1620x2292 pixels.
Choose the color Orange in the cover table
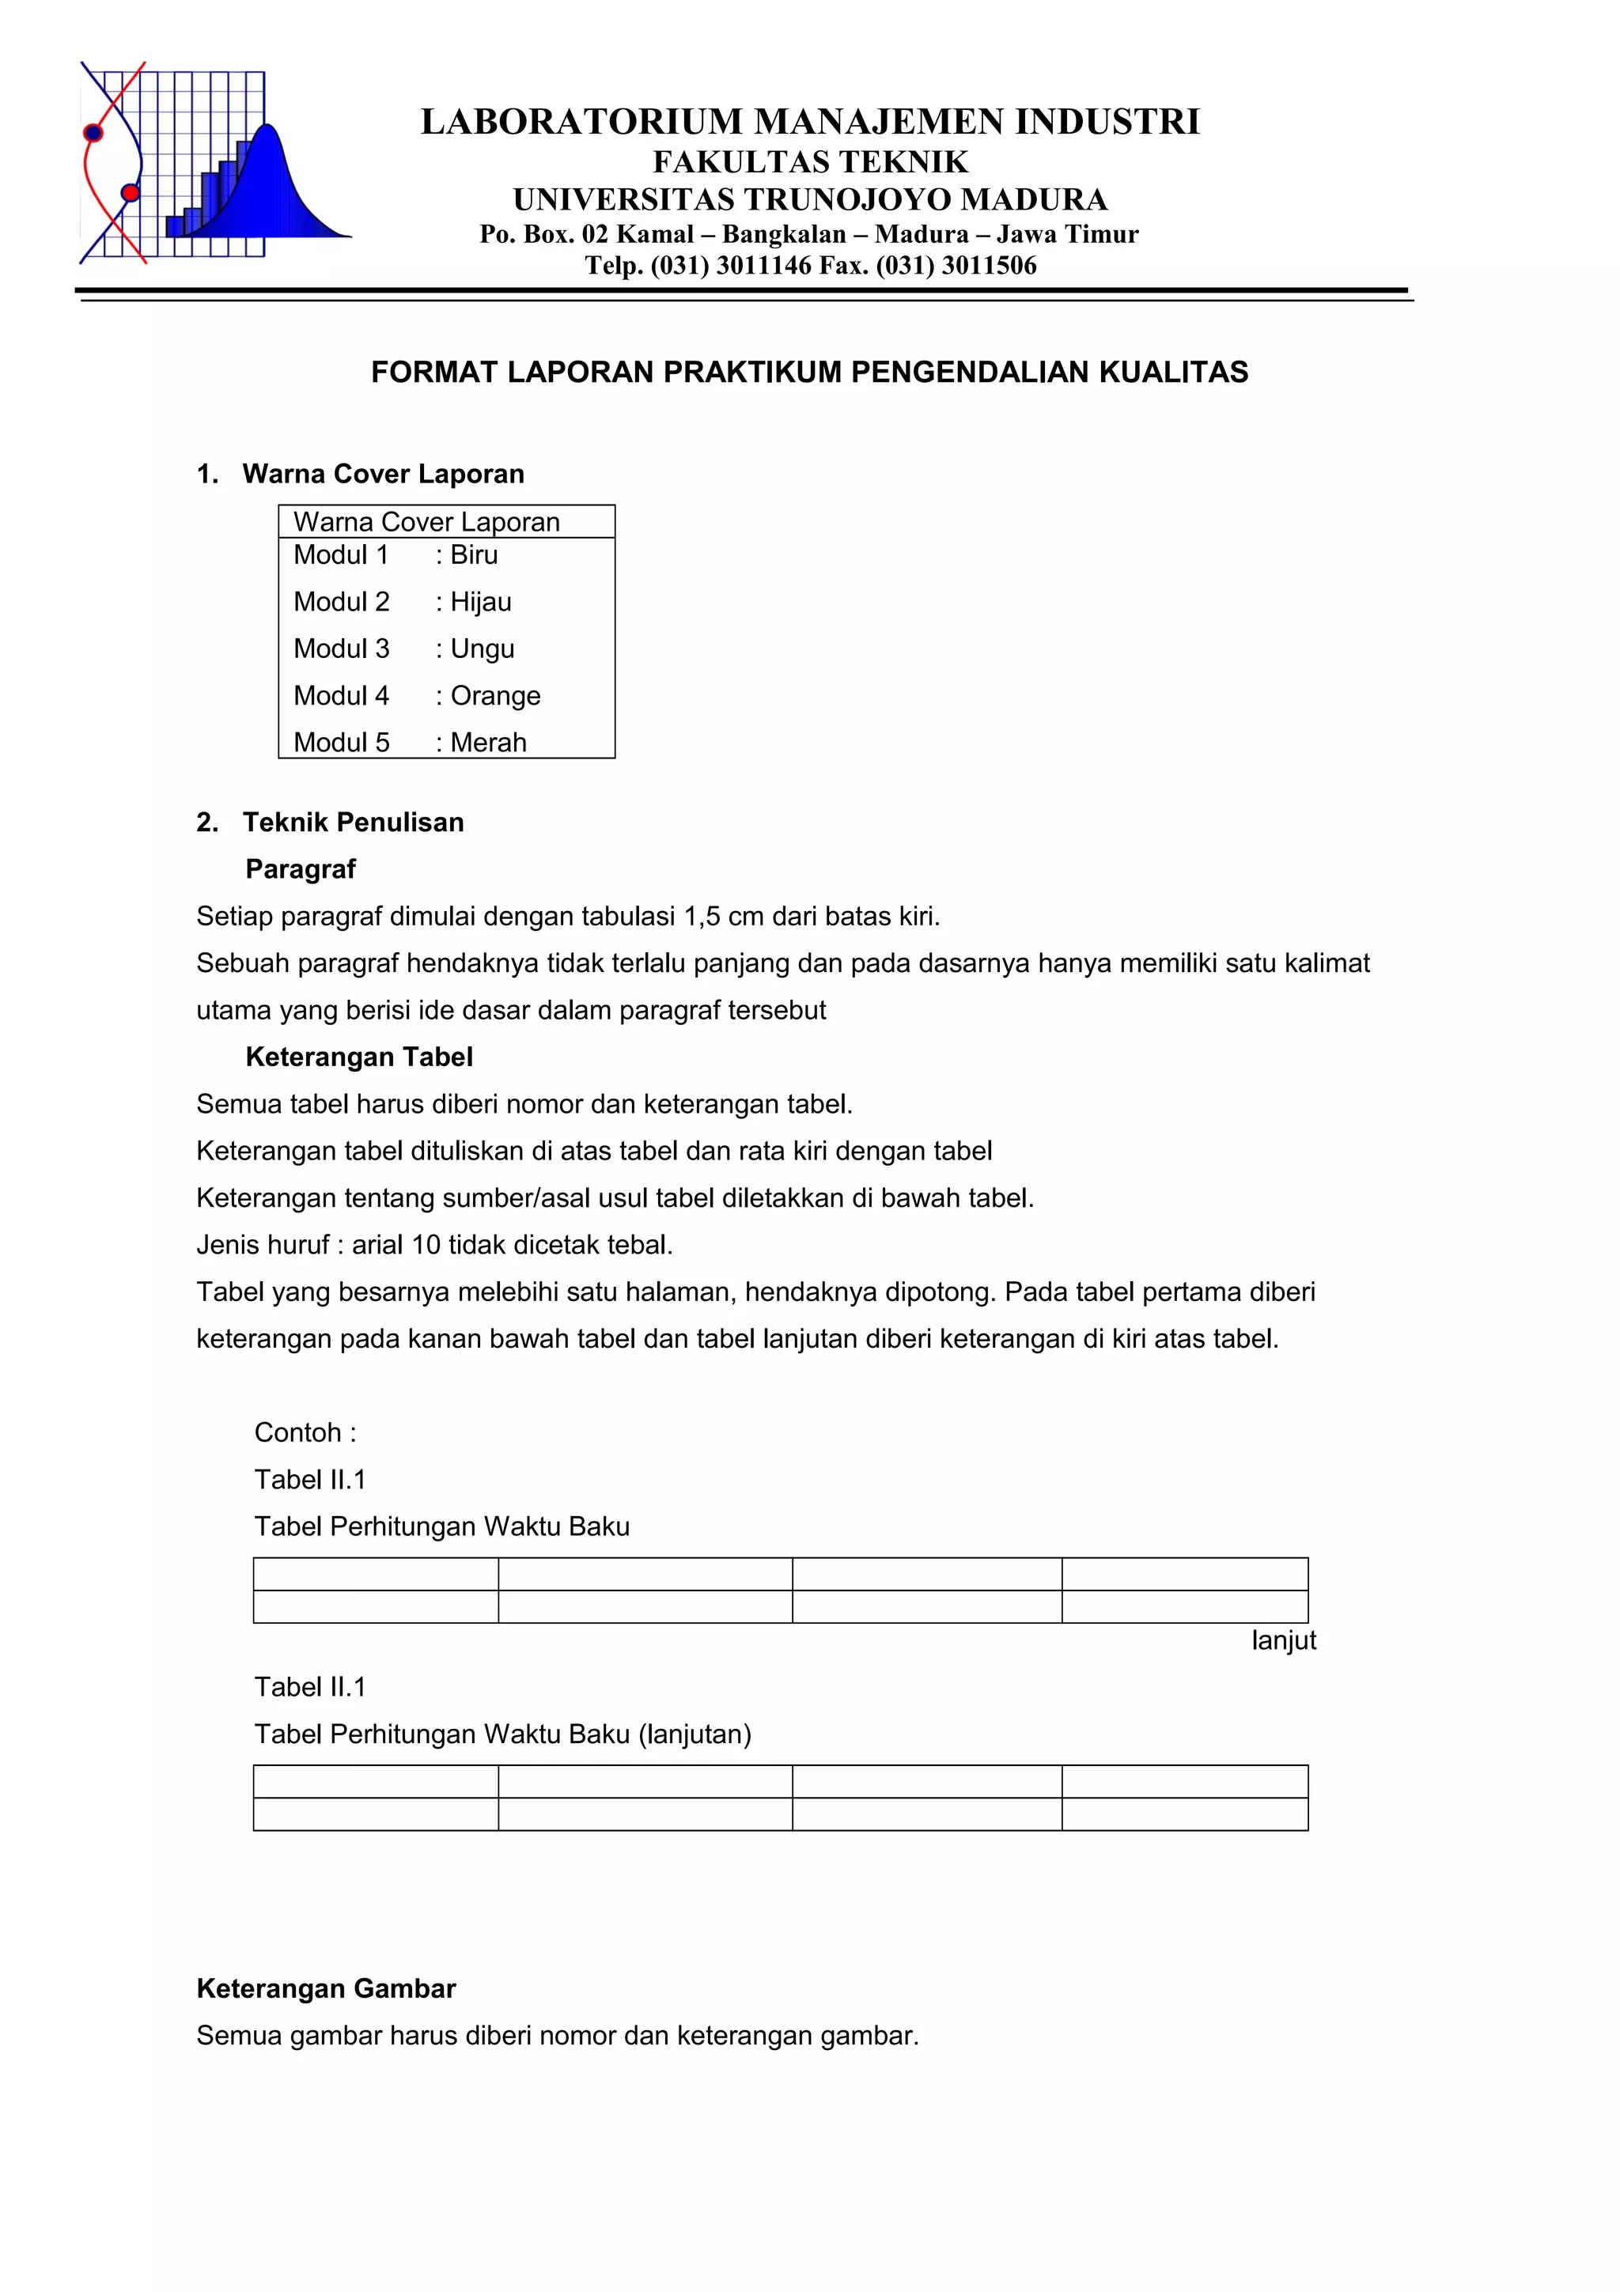point(495,696)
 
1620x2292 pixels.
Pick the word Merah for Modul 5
point(488,743)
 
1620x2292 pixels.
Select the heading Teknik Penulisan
point(354,823)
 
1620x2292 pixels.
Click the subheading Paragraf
point(301,869)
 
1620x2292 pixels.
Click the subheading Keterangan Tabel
point(358,1057)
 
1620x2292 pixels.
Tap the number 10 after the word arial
point(426,1245)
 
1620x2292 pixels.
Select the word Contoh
point(297,1432)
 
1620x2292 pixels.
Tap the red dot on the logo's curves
point(130,193)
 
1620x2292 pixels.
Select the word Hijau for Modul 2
point(480,602)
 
